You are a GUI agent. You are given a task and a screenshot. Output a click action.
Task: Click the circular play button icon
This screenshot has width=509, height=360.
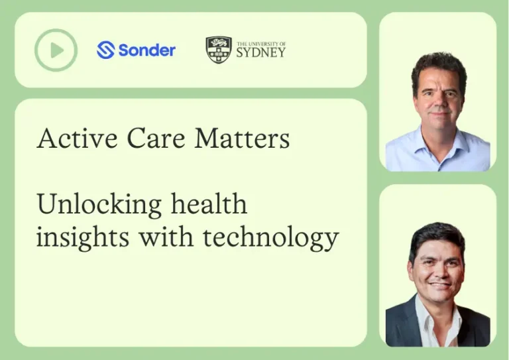[56, 50]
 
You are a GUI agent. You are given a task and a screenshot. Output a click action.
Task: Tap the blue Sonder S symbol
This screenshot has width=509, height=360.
[106, 50]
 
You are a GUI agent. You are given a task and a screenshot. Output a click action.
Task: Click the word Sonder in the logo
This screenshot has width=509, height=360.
[146, 50]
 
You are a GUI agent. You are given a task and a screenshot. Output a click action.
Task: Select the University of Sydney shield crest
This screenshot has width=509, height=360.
[218, 50]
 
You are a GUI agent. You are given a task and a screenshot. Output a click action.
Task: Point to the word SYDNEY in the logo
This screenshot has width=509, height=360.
[261, 52]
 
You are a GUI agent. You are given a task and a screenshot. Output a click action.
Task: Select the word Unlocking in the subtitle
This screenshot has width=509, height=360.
[97, 204]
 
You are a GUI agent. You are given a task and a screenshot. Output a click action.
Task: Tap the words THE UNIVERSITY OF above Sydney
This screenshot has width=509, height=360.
[261, 43]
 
